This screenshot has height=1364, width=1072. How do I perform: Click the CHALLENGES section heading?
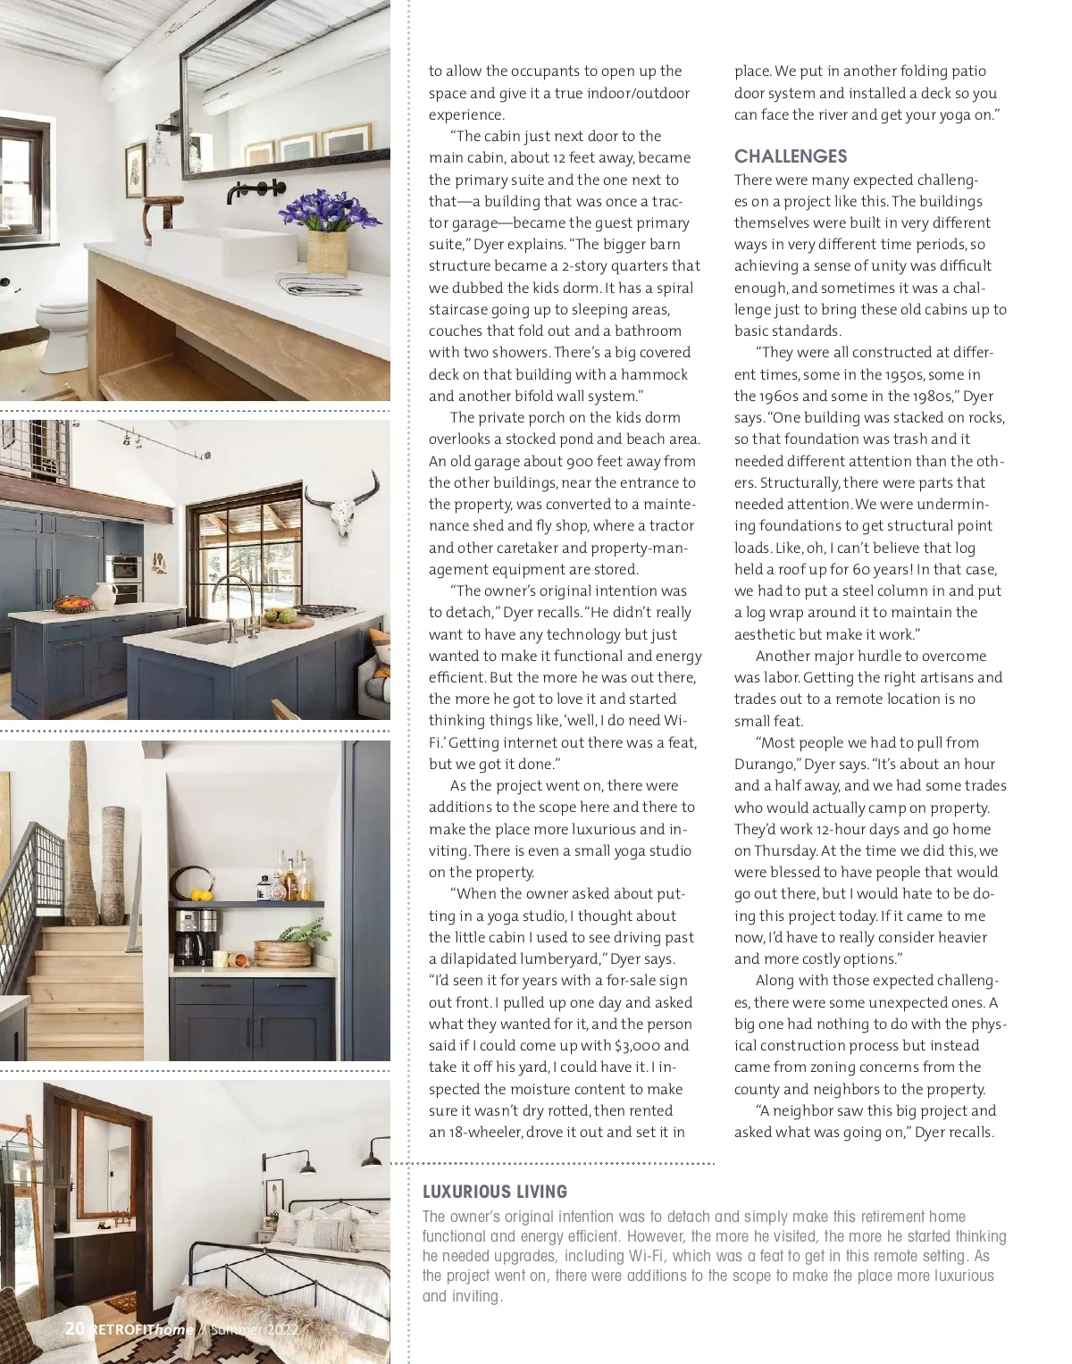(791, 156)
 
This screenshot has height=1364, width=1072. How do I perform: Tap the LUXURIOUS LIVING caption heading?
(494, 1192)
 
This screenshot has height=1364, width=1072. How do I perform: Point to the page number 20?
(75, 1328)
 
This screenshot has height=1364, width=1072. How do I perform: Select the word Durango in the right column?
(766, 765)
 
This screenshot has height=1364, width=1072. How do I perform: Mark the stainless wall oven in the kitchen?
(123, 567)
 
